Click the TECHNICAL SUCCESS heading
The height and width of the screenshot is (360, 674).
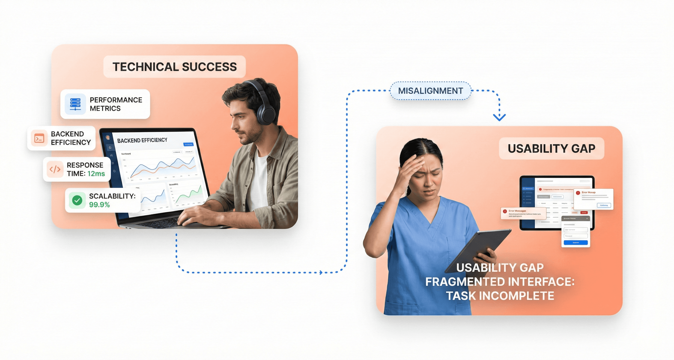point(174,67)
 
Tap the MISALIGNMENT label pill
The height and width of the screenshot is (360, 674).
point(430,91)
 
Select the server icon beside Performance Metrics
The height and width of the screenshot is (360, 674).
point(75,104)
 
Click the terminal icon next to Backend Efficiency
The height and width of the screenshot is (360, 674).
point(39,138)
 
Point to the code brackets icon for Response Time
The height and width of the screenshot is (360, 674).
point(55,169)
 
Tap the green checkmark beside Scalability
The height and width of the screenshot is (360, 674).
point(77,200)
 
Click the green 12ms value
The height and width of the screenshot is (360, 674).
point(96,174)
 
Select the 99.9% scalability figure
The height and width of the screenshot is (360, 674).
point(99,205)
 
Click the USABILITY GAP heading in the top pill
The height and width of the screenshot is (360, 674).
point(551,149)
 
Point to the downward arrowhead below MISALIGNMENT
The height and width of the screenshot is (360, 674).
point(499,117)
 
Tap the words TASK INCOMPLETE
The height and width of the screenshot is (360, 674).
point(500,296)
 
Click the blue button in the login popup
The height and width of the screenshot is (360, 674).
point(576,242)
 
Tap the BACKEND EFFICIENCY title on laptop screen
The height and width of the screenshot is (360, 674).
point(142,141)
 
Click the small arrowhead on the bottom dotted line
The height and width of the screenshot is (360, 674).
point(321,273)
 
